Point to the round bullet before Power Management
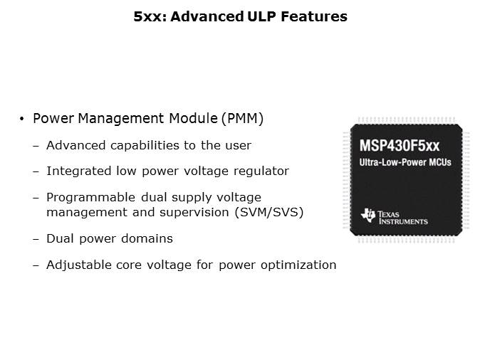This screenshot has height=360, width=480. (x=23, y=120)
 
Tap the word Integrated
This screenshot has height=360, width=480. (x=76, y=171)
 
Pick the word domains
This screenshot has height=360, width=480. (x=148, y=238)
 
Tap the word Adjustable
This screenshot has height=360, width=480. (x=75, y=265)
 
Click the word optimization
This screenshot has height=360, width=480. (x=300, y=265)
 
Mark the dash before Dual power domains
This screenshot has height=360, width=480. (x=36, y=238)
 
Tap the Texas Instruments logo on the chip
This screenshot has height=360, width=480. (x=395, y=216)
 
